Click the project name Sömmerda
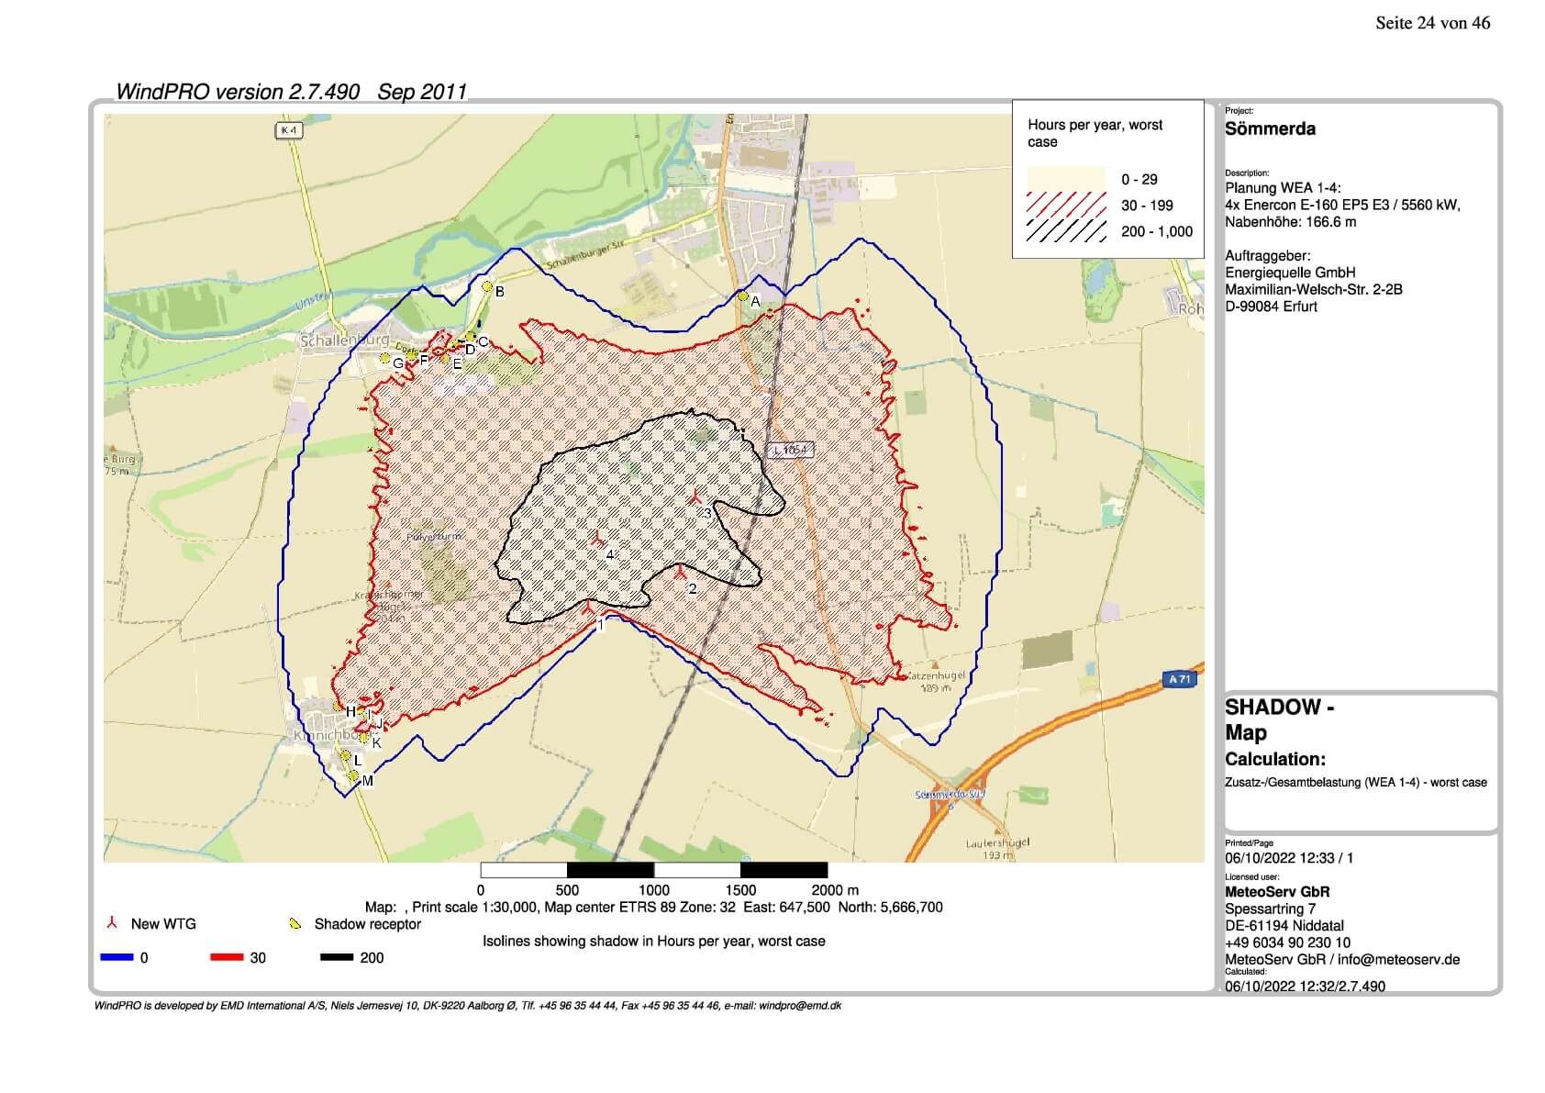(x=1270, y=129)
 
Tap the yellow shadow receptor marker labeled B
(x=488, y=286)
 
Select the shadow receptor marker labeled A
(x=743, y=296)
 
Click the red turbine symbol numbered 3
(x=696, y=498)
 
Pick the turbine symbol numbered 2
(x=680, y=574)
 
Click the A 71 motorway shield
(x=1180, y=679)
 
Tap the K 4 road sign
(x=289, y=131)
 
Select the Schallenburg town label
(x=346, y=340)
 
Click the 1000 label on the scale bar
(x=653, y=889)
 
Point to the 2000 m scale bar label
(x=834, y=889)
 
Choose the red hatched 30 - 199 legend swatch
(x=1065, y=205)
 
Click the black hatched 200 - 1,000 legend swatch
(x=1065, y=231)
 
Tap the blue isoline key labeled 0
(x=117, y=957)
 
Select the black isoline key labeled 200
(x=336, y=957)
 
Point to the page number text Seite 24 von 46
(x=1432, y=24)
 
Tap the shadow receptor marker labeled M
(x=353, y=776)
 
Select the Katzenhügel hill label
(x=934, y=675)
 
